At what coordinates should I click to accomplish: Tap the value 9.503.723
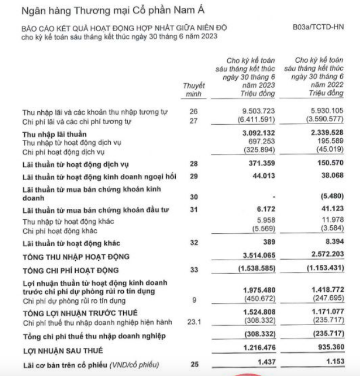[258, 111]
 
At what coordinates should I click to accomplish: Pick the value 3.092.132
[258, 133]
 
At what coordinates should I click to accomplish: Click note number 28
[194, 164]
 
